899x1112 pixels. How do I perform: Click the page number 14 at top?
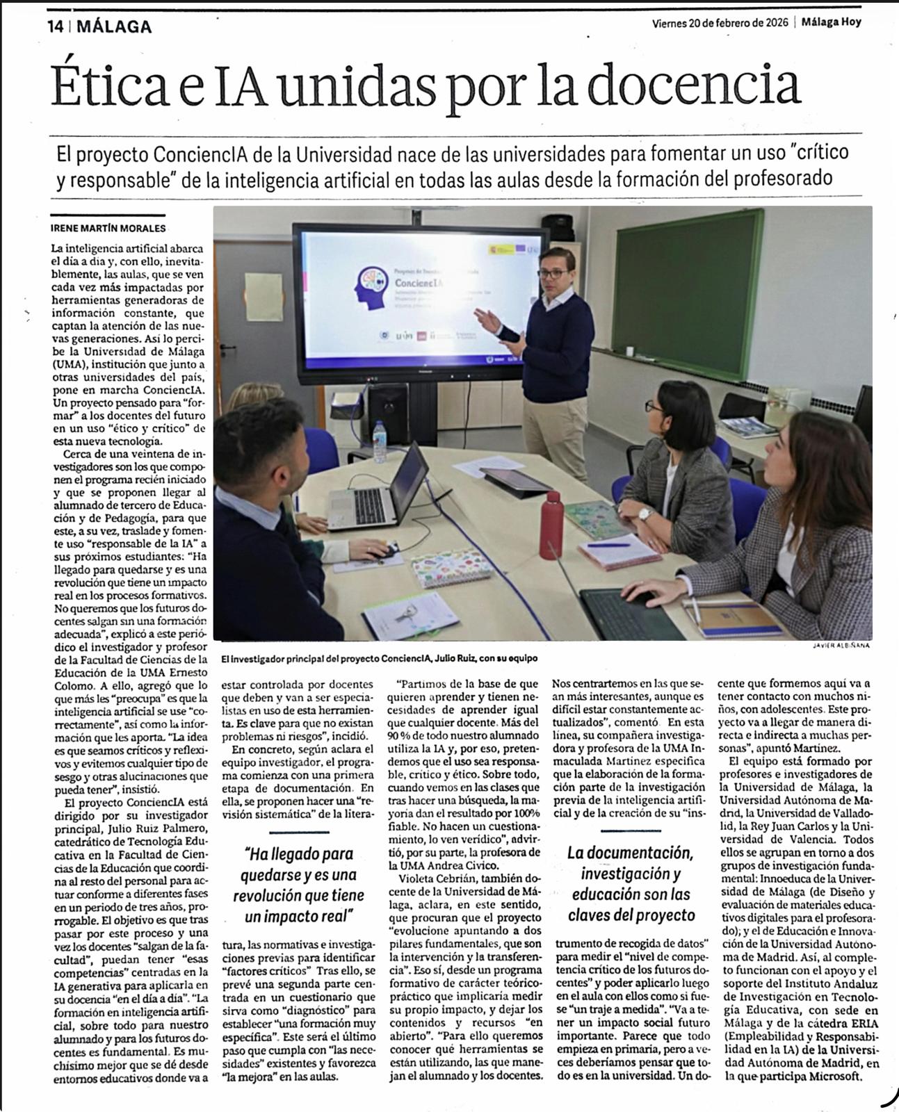[x=55, y=27]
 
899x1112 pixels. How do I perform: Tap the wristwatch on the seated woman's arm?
[x=645, y=514]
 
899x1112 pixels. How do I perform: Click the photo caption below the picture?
[x=378, y=657]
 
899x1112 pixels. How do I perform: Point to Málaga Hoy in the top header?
[x=831, y=22]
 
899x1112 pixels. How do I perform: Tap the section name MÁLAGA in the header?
[x=114, y=27]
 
